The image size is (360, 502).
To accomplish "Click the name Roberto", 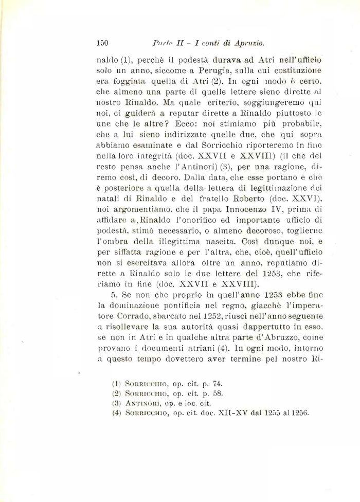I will coord(238,196).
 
